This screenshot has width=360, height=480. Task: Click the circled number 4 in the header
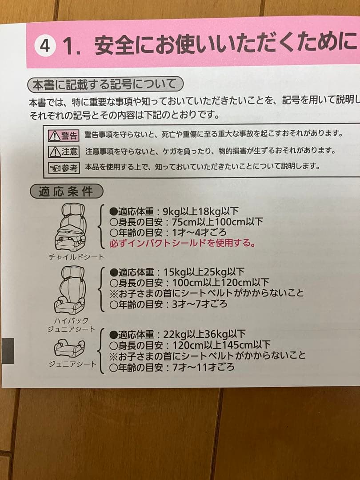[45, 46]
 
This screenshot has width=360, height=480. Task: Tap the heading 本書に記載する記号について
[104, 84]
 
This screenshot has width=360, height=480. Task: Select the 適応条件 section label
[66, 192]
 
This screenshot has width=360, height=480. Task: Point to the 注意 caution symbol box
[63, 151]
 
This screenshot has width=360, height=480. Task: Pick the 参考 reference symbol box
[63, 168]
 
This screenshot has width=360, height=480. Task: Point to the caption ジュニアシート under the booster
[72, 364]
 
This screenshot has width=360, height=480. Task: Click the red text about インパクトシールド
[183, 243]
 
